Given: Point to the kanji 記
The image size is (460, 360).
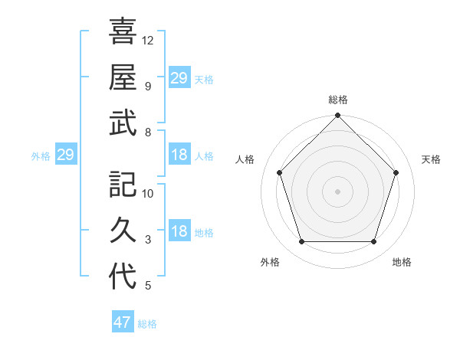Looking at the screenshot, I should pyautogui.click(x=123, y=184).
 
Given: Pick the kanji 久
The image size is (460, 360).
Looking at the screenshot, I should pyautogui.click(x=123, y=230).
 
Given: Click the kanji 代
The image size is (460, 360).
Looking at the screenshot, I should pyautogui.click(x=123, y=276).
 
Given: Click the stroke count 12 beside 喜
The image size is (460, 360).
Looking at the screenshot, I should pyautogui.click(x=148, y=40).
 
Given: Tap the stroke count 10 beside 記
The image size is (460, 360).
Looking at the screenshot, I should pyautogui.click(x=148, y=194).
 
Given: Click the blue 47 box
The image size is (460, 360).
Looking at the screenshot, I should pyautogui.click(x=123, y=322).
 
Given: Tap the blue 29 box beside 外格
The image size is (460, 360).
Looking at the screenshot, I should pyautogui.click(x=65, y=155).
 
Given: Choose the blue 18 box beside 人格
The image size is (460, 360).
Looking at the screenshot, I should pyautogui.click(x=179, y=155).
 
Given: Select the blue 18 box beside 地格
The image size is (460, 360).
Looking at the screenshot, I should pyautogui.click(x=179, y=232).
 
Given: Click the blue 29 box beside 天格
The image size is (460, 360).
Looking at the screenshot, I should pyautogui.click(x=179, y=78).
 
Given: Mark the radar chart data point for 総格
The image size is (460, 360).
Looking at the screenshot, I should pyautogui.click(x=337, y=116).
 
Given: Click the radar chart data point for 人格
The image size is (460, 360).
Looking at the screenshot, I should pyautogui.click(x=280, y=172).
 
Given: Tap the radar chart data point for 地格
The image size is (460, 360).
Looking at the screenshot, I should pyautogui.click(x=373, y=242).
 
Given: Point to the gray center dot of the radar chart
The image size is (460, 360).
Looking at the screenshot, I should pyautogui.click(x=337, y=191).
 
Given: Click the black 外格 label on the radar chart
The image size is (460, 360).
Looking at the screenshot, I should pyautogui.click(x=270, y=262).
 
